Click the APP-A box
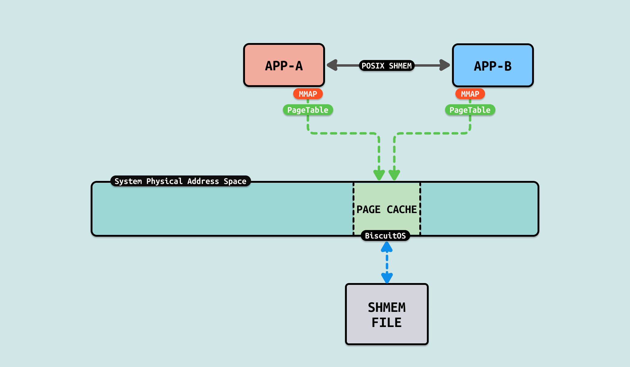coord(284,65)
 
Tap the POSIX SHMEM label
coord(387,66)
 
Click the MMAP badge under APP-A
coord(308,94)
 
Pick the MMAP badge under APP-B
coord(470,94)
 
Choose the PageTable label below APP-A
coord(308,110)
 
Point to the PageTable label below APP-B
coord(470,110)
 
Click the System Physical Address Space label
coord(180,181)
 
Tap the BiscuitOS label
coord(385,236)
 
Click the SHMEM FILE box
coord(387,314)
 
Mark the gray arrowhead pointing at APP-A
coord(333,65)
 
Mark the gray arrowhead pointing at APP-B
coord(444,65)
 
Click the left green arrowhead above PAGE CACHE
coord(379,175)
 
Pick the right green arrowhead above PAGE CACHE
coord(394,175)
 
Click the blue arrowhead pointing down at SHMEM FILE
coord(387,277)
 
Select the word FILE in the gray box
coord(387,322)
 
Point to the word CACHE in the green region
coord(402,209)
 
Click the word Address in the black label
coord(203,181)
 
